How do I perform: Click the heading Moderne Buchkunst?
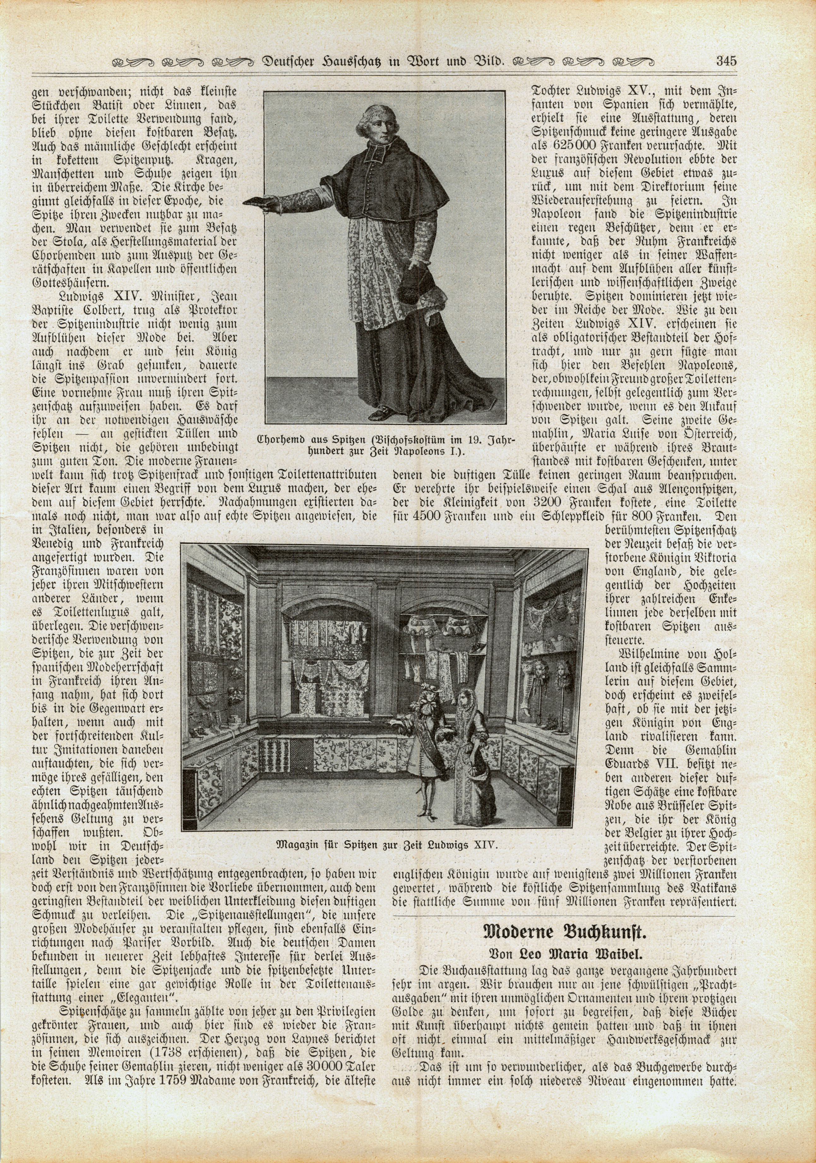tap(563, 930)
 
